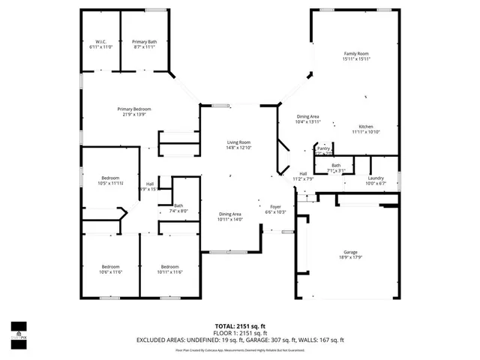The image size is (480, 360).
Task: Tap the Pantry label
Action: tap(323, 150)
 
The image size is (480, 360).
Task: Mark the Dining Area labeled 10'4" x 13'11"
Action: tap(308, 118)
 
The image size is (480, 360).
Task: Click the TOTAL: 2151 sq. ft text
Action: tap(239, 325)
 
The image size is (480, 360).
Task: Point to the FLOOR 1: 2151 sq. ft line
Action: tap(239, 332)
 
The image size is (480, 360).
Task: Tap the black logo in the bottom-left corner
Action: tap(19, 330)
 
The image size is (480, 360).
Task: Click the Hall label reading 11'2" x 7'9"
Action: tap(303, 176)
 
